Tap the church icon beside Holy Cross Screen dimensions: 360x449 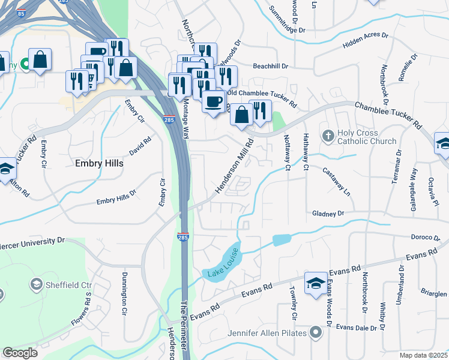[328, 136]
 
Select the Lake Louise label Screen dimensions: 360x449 [224, 262]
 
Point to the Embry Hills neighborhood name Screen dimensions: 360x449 [99, 163]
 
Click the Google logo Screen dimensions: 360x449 [20, 352]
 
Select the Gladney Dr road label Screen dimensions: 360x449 [328, 214]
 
